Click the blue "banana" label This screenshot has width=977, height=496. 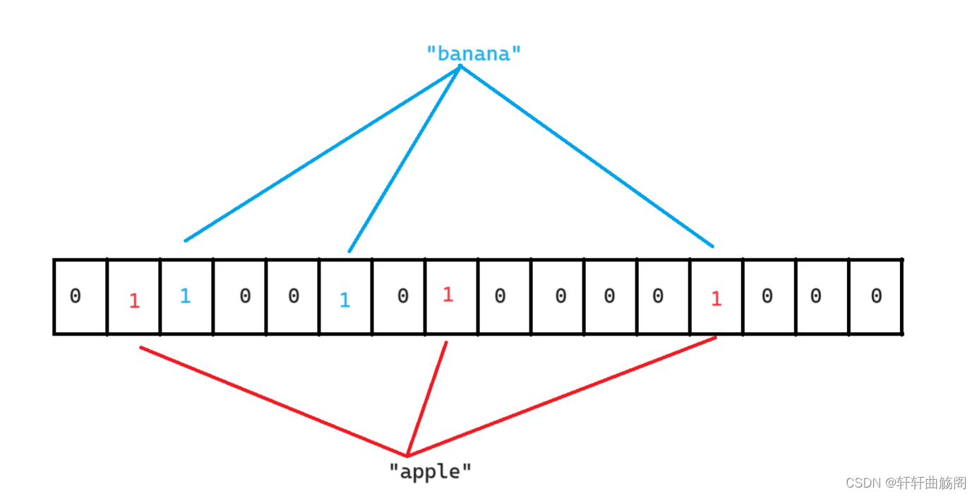pos(474,54)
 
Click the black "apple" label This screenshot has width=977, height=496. pos(430,471)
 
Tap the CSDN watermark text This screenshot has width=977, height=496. pos(906,483)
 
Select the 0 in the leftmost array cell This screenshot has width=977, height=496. pos(76,296)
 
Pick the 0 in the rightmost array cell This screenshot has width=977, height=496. pos(876,296)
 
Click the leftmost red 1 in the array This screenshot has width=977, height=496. pos(134,301)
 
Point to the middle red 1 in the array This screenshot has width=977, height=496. pos(448,295)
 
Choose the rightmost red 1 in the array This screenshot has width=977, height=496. pos(716,299)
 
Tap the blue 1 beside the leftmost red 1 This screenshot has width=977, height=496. pos(185,296)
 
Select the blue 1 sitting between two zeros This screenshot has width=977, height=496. pos(344,300)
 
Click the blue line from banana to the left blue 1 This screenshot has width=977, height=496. pos(321,153)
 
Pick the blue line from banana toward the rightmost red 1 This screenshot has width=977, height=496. pos(586,156)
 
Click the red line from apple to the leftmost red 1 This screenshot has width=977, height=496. pos(274,401)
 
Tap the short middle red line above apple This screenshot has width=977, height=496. pos(427,399)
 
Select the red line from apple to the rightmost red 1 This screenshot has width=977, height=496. pos(561,397)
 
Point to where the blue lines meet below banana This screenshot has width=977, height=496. pos(460,67)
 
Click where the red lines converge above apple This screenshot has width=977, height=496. pos(407,456)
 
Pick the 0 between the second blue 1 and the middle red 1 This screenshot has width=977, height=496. pos(402,296)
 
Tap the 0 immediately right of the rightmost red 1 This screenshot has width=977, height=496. pos(767,296)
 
